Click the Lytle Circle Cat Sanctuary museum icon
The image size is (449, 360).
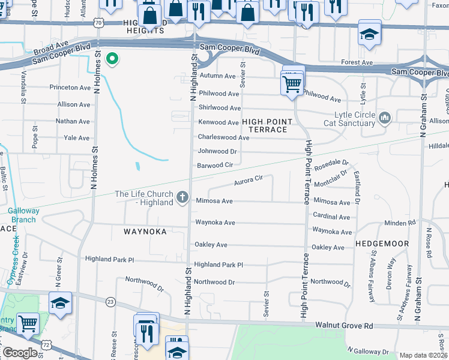385,116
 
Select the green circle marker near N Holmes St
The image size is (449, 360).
111,59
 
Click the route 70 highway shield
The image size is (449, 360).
98,22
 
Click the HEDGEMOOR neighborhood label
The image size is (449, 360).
382,244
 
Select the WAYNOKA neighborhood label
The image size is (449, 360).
145,232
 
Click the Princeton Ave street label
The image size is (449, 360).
70,88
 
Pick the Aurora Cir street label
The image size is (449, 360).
249,179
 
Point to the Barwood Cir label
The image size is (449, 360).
215,165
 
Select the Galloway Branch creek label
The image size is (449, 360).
23,215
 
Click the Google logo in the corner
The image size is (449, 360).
20,353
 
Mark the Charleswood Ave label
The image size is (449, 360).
223,137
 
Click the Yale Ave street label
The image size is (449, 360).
76,138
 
